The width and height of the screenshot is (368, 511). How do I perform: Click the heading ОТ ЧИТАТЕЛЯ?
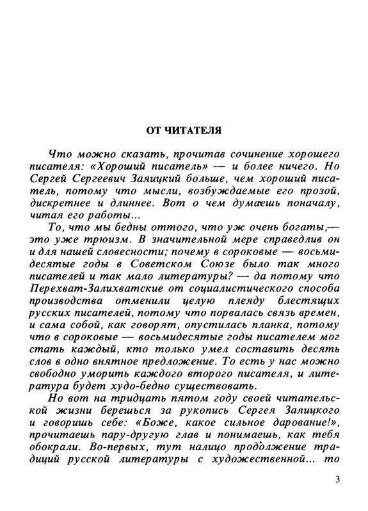click(184, 131)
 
